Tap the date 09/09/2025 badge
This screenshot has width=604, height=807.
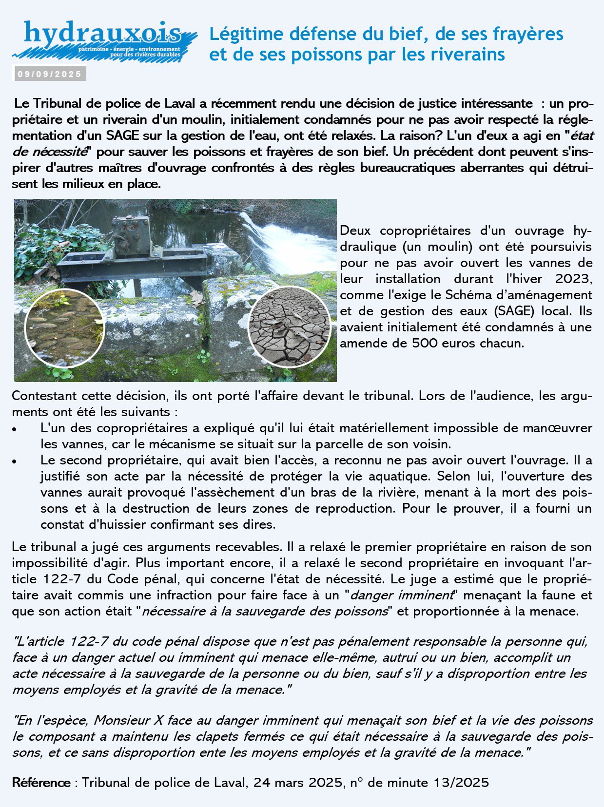coord(49,74)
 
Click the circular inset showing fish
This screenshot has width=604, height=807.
coord(64,328)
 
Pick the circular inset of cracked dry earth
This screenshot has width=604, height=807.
coord(290,326)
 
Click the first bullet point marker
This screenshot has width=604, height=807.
coord(15,429)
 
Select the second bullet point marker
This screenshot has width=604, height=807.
coord(15,461)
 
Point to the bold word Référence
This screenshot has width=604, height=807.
coord(41,783)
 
